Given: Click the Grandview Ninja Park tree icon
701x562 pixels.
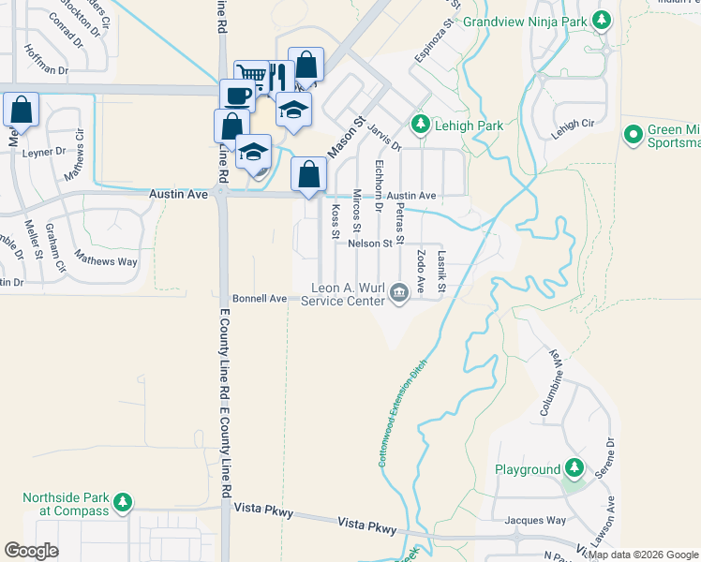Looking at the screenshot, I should click(x=603, y=19).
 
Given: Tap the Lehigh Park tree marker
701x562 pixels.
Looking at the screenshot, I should click(x=421, y=125).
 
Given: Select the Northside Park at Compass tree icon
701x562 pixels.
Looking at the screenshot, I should click(x=123, y=504).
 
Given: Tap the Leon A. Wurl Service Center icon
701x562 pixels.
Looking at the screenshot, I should click(x=399, y=293).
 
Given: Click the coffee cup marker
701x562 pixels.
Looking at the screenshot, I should click(x=237, y=96).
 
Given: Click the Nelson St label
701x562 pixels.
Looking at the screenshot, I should click(x=369, y=244).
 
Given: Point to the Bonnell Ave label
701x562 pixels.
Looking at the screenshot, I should click(x=260, y=298).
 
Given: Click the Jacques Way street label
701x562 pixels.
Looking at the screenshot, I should click(x=535, y=520).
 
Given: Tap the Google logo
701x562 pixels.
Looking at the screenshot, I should click(x=32, y=551).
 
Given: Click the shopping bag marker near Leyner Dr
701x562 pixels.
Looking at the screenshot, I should click(x=22, y=110).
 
